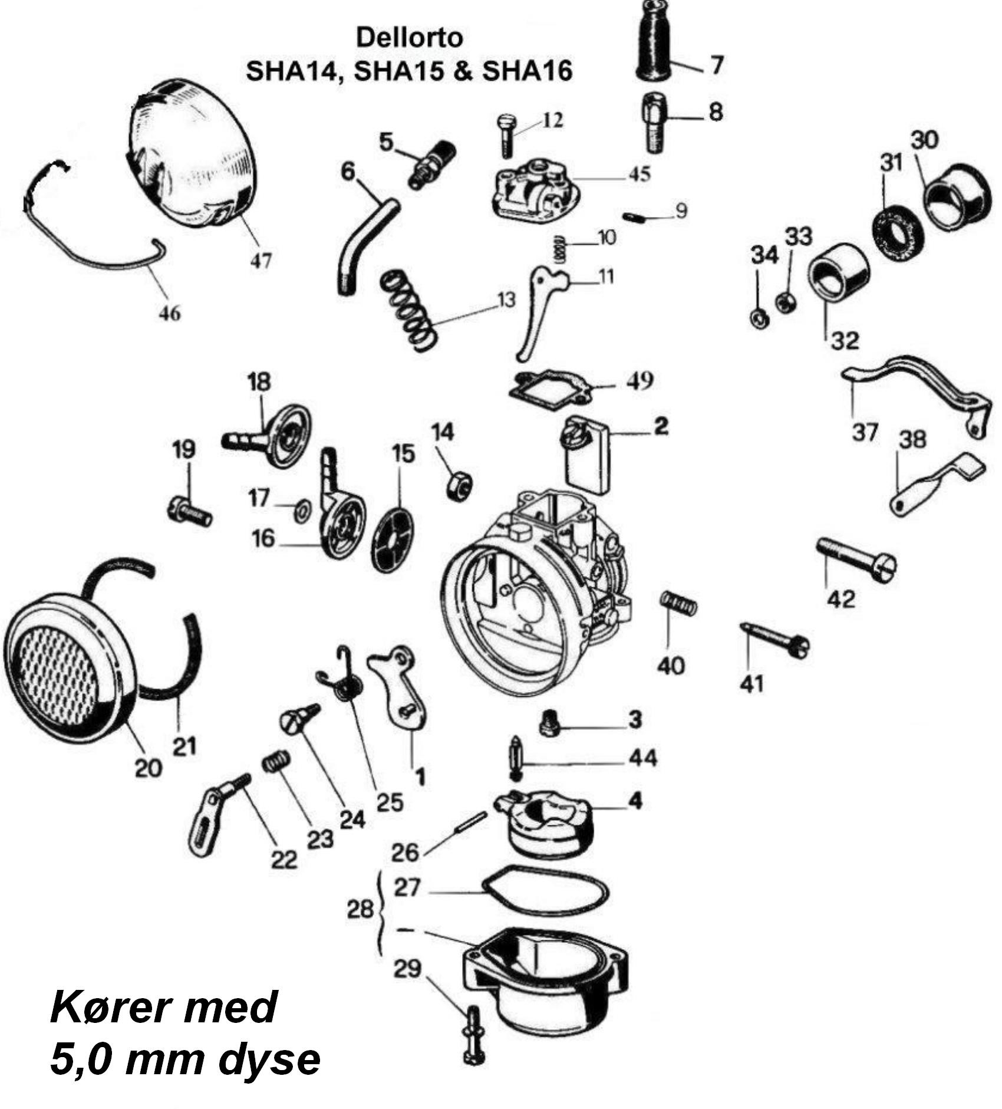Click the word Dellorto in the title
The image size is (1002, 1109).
pos(410,38)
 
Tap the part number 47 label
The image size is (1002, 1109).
pos(261,259)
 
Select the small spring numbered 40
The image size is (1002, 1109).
pos(678,603)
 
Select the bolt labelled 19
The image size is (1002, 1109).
pos(190,512)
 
